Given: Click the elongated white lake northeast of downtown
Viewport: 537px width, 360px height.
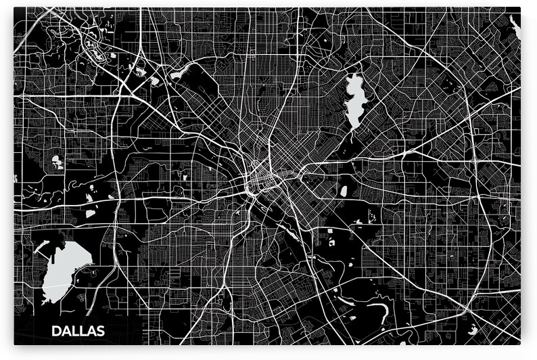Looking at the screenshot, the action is click(355, 102).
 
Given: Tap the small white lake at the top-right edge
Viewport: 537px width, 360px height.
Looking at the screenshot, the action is click(515, 27).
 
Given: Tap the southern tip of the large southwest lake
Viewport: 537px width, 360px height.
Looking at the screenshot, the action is click(46, 300).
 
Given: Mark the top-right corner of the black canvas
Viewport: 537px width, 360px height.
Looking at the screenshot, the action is click(520, 8).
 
